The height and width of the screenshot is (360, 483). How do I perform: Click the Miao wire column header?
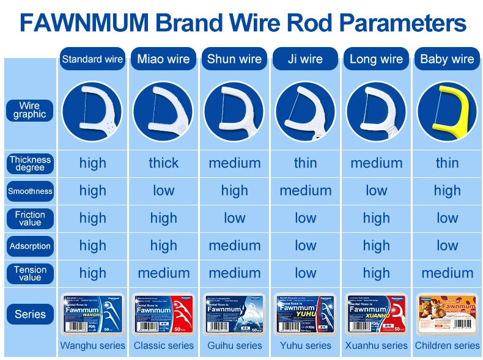(x=163, y=59)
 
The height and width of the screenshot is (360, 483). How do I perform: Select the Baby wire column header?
(x=447, y=59)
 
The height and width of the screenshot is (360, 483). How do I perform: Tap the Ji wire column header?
(x=305, y=59)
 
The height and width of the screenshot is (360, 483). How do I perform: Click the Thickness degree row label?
(x=30, y=163)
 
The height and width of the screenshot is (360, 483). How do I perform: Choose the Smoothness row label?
(x=30, y=191)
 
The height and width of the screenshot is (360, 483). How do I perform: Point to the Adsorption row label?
(x=30, y=246)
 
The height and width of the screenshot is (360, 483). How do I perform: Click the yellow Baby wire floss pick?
(x=447, y=111)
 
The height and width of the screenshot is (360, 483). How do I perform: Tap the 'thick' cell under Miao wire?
(x=163, y=163)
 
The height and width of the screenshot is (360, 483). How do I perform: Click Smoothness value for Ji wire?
(x=305, y=191)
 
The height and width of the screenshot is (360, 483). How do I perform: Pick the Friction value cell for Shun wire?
(x=234, y=218)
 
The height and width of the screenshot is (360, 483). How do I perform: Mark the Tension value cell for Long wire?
(x=376, y=273)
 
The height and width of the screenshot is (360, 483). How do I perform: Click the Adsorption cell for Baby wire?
(x=447, y=246)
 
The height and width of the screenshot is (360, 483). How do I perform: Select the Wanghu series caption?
(x=92, y=345)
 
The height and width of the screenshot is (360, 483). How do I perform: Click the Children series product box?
(x=447, y=314)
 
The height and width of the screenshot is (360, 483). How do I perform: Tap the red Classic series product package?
(x=163, y=314)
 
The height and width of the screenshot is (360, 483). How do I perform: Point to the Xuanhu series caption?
(x=376, y=345)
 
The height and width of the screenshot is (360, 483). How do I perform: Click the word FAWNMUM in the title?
(x=80, y=24)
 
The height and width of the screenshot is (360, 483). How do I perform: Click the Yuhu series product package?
(x=305, y=314)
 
